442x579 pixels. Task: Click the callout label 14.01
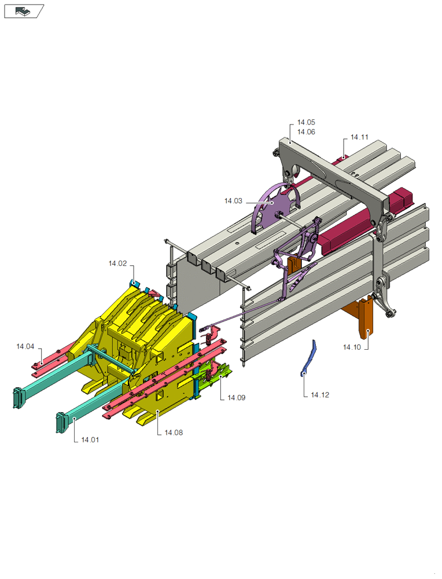pyautogui.click(x=90, y=440)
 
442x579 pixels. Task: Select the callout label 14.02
pyautogui.click(x=117, y=263)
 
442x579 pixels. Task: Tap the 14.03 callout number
pyautogui.click(x=233, y=201)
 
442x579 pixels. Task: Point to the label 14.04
pyautogui.click(x=25, y=346)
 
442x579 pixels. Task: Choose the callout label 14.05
pyautogui.click(x=306, y=122)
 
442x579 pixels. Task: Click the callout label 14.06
pyautogui.click(x=306, y=132)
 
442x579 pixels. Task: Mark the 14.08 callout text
pyautogui.click(x=174, y=433)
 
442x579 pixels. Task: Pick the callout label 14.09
pyautogui.click(x=236, y=398)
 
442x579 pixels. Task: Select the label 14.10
pyautogui.click(x=352, y=347)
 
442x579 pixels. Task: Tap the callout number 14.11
pyautogui.click(x=359, y=137)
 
